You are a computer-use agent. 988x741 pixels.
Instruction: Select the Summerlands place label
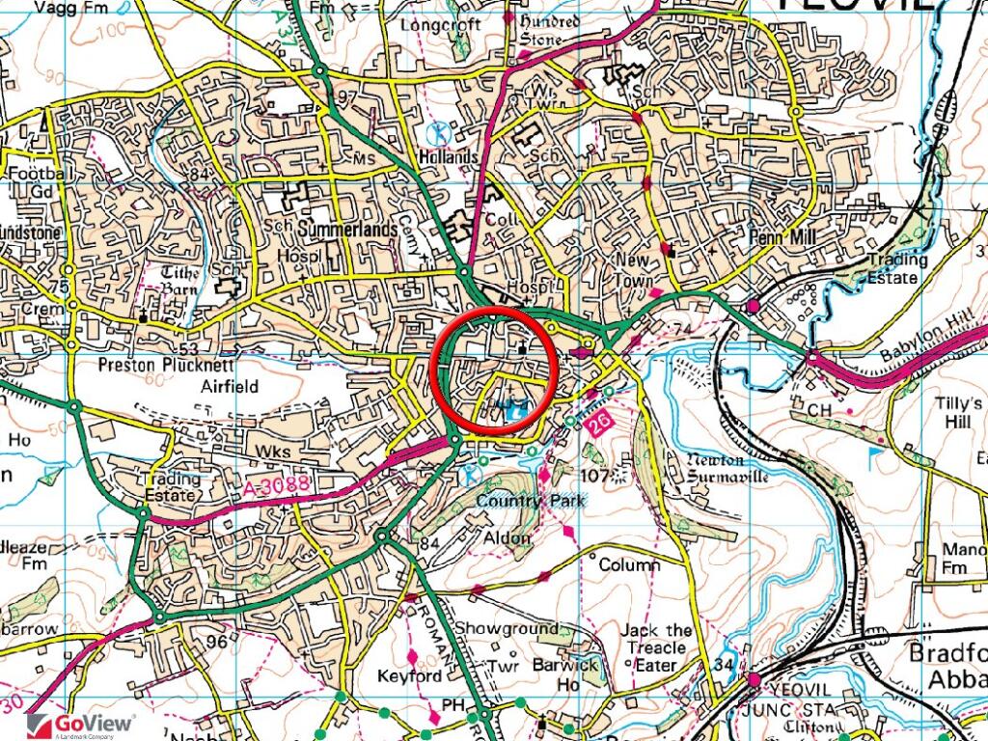[x=348, y=231]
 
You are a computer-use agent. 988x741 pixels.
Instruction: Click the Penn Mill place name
[x=783, y=235]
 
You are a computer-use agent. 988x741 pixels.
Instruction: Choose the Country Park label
[x=531, y=500]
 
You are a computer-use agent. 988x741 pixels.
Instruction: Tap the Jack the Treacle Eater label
[x=657, y=647]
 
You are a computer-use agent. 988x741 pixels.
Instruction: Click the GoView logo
[x=81, y=725]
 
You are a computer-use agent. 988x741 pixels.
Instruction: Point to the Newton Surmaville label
[x=727, y=469]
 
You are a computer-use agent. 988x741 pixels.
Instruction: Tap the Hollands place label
[x=449, y=156]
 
